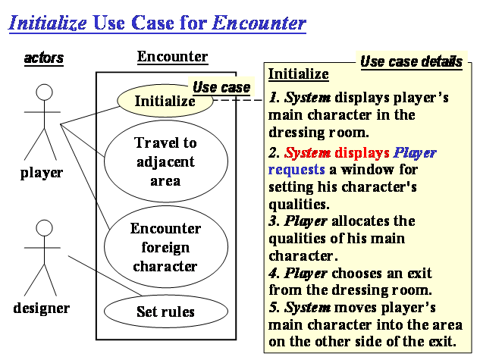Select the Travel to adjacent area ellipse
click(x=165, y=161)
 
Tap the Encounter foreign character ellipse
click(x=165, y=247)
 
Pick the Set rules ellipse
click(x=165, y=311)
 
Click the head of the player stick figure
click(x=44, y=93)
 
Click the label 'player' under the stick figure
click(x=42, y=173)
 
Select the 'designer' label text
click(x=42, y=308)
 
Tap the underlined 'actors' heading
click(x=44, y=58)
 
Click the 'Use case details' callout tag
click(x=410, y=61)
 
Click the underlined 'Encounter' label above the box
click(x=172, y=57)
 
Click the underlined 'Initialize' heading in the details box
click(x=299, y=74)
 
